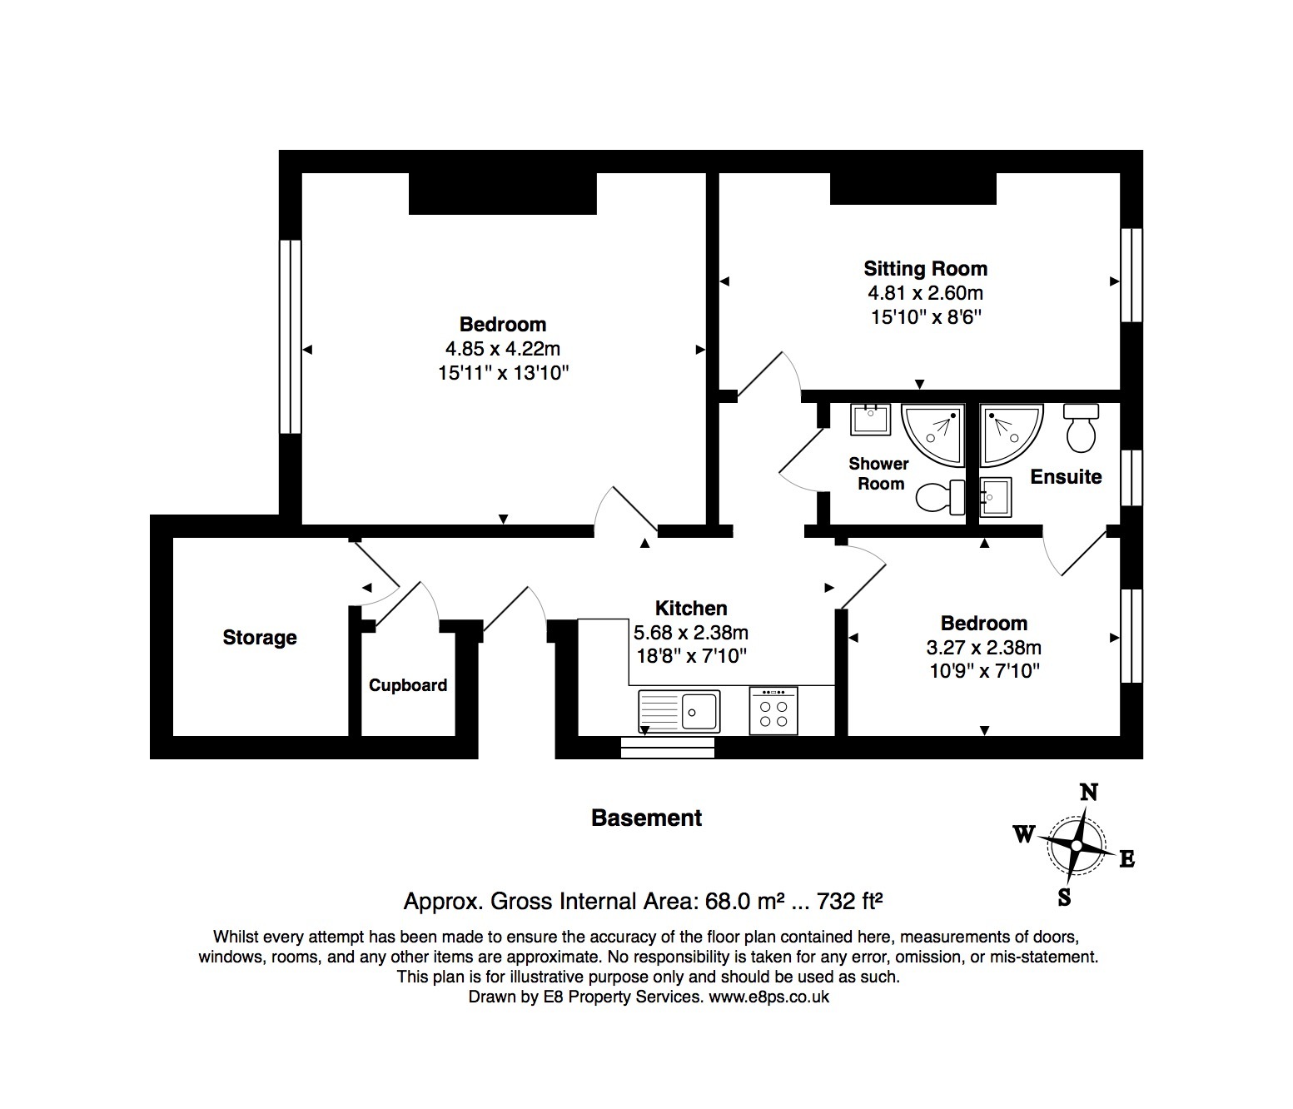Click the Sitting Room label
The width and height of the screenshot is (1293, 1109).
click(x=925, y=268)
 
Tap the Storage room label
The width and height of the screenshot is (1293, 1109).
click(x=260, y=638)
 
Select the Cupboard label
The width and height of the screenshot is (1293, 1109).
click(x=408, y=685)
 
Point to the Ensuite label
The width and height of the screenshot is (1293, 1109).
click(x=1066, y=476)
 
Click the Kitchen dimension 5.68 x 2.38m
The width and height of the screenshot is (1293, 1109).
click(x=690, y=633)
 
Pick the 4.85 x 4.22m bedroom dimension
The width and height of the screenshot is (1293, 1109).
click(x=503, y=348)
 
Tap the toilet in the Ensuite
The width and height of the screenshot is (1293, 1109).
click(x=1081, y=428)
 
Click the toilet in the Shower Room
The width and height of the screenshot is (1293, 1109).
click(x=940, y=497)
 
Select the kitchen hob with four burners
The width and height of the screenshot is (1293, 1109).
click(x=773, y=710)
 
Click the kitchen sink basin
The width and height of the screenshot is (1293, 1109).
click(x=699, y=711)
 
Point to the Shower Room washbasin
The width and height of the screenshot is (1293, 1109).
click(x=870, y=419)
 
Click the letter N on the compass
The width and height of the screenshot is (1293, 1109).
click(x=1089, y=793)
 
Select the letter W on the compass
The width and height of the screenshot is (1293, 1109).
click(x=1024, y=833)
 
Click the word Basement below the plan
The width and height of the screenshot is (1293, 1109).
click(x=646, y=818)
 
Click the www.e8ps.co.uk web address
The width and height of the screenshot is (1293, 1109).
click(x=768, y=997)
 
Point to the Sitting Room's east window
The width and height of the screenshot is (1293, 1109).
click(x=1131, y=276)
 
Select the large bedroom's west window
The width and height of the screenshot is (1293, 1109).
click(x=291, y=337)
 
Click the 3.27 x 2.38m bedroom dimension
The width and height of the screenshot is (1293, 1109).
click(x=984, y=648)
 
